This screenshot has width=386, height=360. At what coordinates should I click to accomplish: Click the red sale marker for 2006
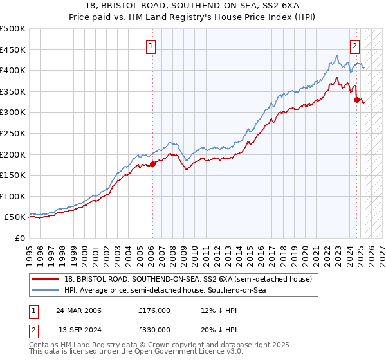[x=152, y=164]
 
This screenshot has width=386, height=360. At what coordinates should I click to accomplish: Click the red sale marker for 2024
[x=356, y=99]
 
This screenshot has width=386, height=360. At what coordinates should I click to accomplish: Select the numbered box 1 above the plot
[x=151, y=46]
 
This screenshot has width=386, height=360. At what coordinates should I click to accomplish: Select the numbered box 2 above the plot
[x=354, y=46]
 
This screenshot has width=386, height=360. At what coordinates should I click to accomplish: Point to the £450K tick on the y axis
[x=14, y=50]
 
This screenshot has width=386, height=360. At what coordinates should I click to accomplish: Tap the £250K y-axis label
[x=14, y=133]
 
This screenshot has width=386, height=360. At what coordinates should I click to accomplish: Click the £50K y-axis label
[x=17, y=217]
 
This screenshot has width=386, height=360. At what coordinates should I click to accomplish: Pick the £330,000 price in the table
[x=154, y=330]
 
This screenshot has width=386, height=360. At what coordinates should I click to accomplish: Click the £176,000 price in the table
[x=154, y=310]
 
